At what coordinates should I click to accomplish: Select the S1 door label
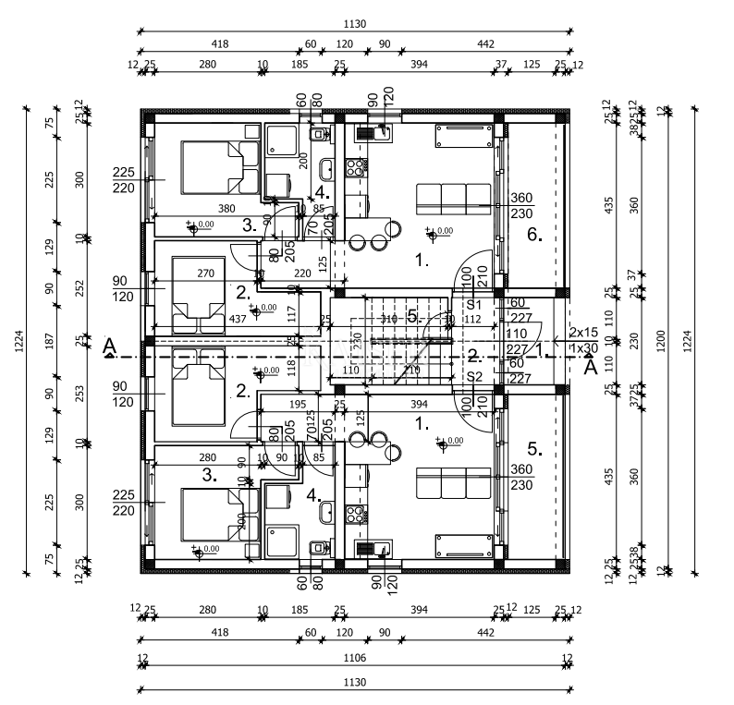[475, 303]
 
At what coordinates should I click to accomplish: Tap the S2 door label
[475, 377]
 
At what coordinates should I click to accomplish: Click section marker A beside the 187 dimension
[109, 347]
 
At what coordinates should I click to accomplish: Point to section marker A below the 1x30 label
[590, 366]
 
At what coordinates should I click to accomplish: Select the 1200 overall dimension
[661, 340]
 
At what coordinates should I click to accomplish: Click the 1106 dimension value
[355, 658]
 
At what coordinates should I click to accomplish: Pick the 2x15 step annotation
[583, 332]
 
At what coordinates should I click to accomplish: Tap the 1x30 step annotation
[583, 348]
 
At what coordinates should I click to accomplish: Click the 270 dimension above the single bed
[205, 273]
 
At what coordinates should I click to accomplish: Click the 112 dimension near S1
[474, 320]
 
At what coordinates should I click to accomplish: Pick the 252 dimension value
[80, 288]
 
